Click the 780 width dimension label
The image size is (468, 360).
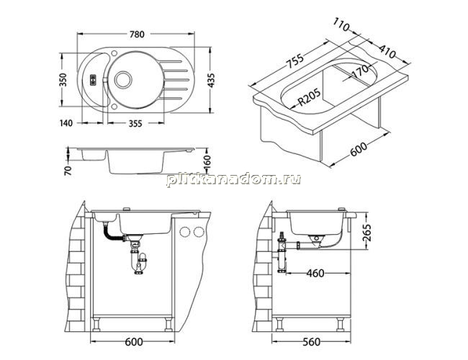pyautogui.click(x=137, y=35)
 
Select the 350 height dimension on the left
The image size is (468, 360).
pyautogui.click(x=63, y=80)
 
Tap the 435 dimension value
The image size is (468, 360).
pyautogui.click(x=211, y=80)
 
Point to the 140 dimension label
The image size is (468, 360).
pyautogui.click(x=66, y=123)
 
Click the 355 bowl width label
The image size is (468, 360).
pyautogui.click(x=135, y=123)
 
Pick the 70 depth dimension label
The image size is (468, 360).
pyautogui.click(x=68, y=170)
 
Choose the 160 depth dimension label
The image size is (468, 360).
pyautogui.click(x=207, y=162)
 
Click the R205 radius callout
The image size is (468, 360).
pyautogui.click(x=310, y=96)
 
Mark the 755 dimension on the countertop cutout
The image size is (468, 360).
pyautogui.click(x=294, y=60)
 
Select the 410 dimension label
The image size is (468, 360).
pyautogui.click(x=387, y=51)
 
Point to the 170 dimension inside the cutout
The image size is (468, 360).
pyautogui.click(x=361, y=71)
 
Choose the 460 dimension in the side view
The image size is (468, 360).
pyautogui.click(x=315, y=273)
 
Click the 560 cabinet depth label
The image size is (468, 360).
pyautogui.click(x=311, y=342)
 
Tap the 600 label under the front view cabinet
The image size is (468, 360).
pyautogui.click(x=133, y=342)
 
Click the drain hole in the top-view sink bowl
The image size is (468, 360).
pyautogui.click(x=122, y=79)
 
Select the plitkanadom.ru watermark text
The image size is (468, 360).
pyautogui.click(x=234, y=180)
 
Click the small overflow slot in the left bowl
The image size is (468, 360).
pyautogui.click(x=93, y=80)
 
